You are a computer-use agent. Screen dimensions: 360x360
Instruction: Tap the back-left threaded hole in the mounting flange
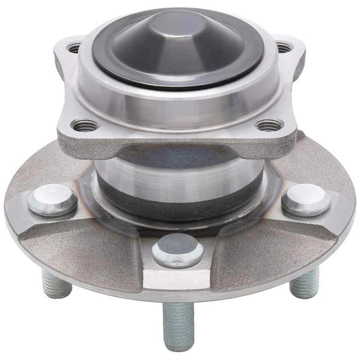coord(75,48)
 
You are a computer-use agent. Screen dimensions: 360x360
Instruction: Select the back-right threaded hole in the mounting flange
coord(284,47)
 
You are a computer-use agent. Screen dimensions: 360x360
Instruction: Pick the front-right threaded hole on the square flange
coord(269,125)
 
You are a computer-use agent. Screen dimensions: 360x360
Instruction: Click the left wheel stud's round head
coord(52,199)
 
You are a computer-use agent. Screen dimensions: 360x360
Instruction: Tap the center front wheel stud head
coord(178,249)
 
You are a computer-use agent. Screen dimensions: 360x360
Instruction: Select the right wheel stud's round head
coord(306,199)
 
